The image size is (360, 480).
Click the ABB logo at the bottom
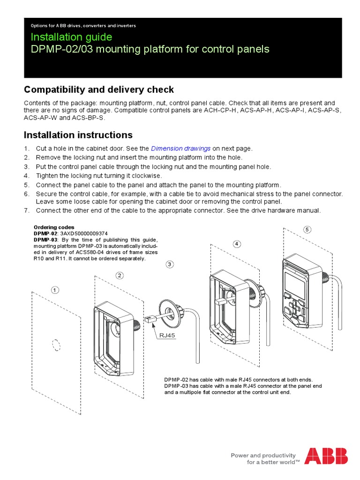(x=326, y=456)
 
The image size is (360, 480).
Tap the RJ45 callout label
(x=167, y=335)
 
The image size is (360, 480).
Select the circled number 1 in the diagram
(x=55, y=290)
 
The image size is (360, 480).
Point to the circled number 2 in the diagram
(x=120, y=275)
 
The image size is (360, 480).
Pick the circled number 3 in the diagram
(x=170, y=264)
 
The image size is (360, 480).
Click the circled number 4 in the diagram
(x=237, y=244)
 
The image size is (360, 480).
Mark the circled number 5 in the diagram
(x=307, y=229)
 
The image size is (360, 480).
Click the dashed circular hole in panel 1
(x=55, y=344)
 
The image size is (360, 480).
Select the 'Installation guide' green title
(x=71, y=37)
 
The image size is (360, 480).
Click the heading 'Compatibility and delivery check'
(x=99, y=90)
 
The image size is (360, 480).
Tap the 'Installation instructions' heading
(x=78, y=135)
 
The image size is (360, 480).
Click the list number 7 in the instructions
(x=26, y=211)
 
